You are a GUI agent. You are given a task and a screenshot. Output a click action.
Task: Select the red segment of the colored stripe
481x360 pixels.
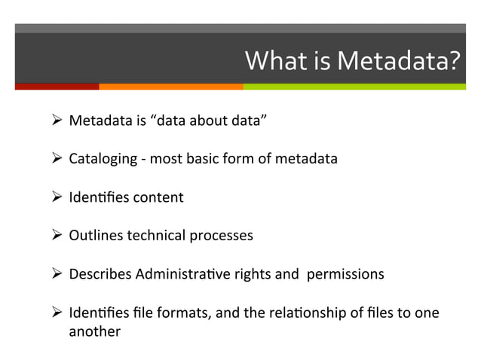[x=57, y=87]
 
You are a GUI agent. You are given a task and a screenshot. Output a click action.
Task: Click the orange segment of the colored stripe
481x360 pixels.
[x=170, y=87]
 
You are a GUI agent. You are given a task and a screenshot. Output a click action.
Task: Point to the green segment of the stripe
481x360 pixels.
[x=354, y=87]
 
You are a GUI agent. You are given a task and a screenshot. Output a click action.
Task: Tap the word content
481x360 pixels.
[x=158, y=197]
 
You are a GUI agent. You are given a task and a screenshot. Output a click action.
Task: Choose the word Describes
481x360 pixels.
[x=100, y=274]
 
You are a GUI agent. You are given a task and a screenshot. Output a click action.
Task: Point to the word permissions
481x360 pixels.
[x=346, y=274]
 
